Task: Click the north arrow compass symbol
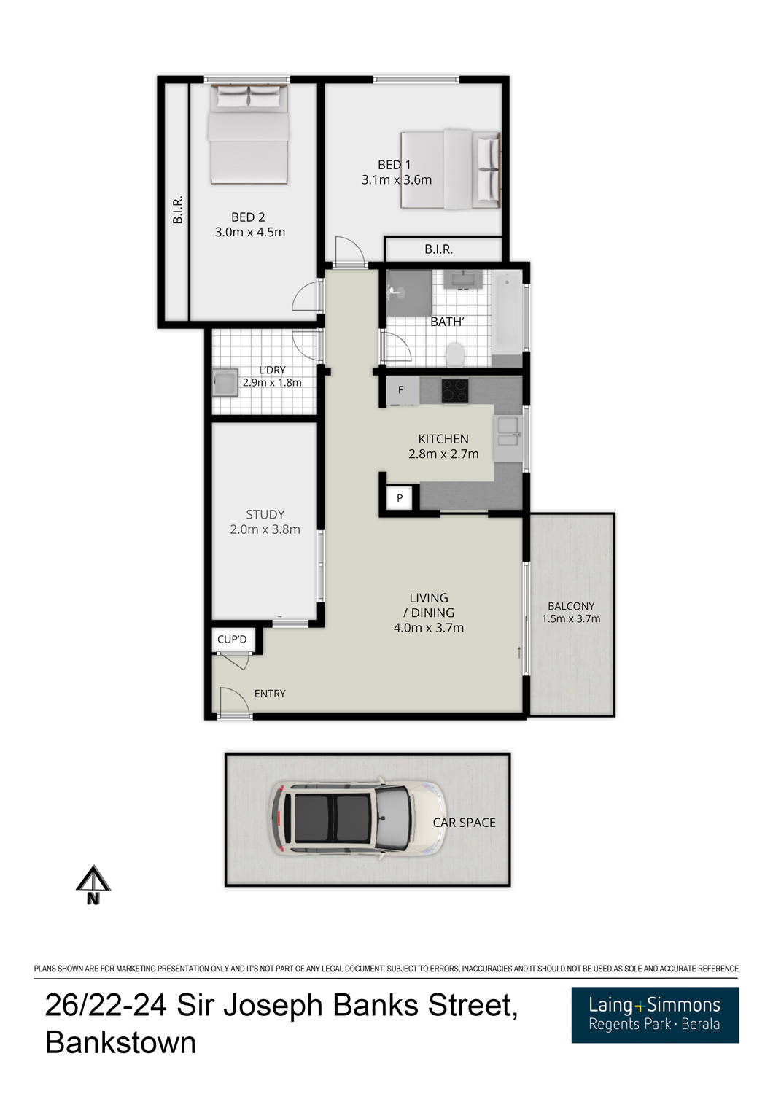pyautogui.click(x=93, y=885)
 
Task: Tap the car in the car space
pyautogui.click(x=357, y=818)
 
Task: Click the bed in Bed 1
pyautogui.click(x=451, y=169)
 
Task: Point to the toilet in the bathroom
pyautogui.click(x=455, y=355)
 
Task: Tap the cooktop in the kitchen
pyautogui.click(x=455, y=390)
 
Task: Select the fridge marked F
pyautogui.click(x=401, y=391)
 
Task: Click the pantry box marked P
pyautogui.click(x=400, y=499)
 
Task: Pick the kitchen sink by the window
pyautogui.click(x=508, y=430)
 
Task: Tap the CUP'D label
pyautogui.click(x=232, y=640)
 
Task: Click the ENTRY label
pyautogui.click(x=270, y=694)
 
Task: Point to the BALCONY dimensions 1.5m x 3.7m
pyautogui.click(x=571, y=619)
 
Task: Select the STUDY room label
pyautogui.click(x=265, y=514)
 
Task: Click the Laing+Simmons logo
pyautogui.click(x=654, y=1015)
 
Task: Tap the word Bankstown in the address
pyautogui.click(x=120, y=1043)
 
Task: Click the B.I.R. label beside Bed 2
pyautogui.click(x=177, y=209)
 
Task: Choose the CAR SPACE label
pyautogui.click(x=464, y=823)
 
